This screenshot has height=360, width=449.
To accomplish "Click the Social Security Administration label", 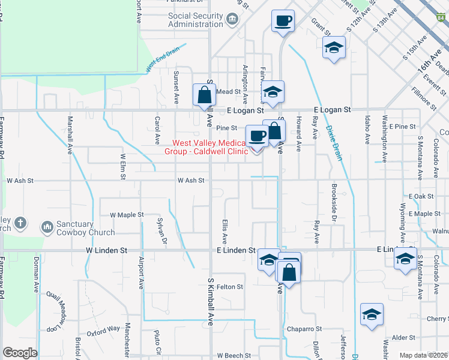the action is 196,20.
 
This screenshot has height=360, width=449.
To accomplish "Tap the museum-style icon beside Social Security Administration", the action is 232,21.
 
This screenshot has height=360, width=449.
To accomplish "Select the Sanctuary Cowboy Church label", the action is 86,228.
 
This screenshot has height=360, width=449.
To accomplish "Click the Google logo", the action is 20,353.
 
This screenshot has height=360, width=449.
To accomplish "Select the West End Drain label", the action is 162,59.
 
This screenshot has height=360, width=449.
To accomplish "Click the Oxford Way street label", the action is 103,329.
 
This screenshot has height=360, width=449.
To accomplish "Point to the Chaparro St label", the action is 304,329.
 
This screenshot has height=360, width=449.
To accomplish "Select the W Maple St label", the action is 127,214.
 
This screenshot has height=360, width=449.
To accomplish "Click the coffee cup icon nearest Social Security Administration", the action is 283,22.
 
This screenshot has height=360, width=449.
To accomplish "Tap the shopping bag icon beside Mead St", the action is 205,94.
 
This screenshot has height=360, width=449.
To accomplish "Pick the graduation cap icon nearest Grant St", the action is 334,48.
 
